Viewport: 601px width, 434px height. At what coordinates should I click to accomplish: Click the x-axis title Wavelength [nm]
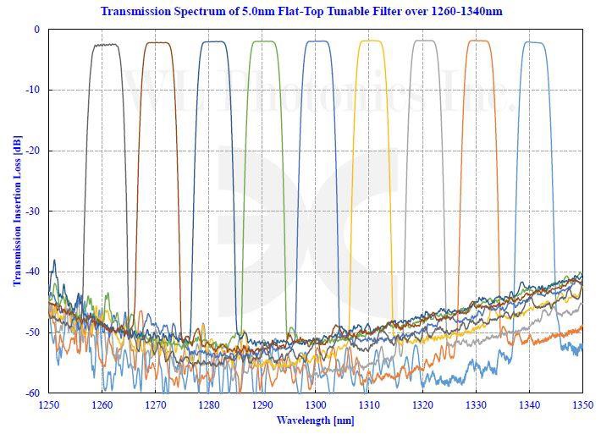pyautogui.click(x=315, y=420)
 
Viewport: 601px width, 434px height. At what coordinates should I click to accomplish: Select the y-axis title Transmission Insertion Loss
pyautogui.click(x=16, y=212)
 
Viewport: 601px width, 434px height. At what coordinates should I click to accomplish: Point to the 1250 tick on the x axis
pyautogui.click(x=49, y=404)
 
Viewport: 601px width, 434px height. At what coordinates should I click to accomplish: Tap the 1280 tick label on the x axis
pyautogui.click(x=209, y=404)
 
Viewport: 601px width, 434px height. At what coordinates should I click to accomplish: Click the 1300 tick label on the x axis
pyautogui.click(x=316, y=404)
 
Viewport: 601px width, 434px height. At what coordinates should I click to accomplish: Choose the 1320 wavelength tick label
pyautogui.click(x=422, y=404)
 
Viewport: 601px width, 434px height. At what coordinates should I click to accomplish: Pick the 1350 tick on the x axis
pyautogui.click(x=582, y=404)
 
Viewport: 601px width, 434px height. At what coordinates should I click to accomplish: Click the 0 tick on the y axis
pyautogui.click(x=36, y=30)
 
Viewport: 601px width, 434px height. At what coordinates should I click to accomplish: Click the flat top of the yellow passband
pyautogui.click(x=371, y=41)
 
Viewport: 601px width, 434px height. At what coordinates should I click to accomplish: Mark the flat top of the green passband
pyautogui.click(x=264, y=41)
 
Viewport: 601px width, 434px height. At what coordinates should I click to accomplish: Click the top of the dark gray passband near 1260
pyautogui.click(x=105, y=45)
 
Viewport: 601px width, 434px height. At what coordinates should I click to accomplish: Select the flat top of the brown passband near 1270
pyautogui.click(x=157, y=43)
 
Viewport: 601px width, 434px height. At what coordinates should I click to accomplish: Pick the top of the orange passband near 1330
pyautogui.click(x=478, y=41)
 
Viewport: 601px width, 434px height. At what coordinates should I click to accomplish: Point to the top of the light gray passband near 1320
pyautogui.click(x=424, y=41)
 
